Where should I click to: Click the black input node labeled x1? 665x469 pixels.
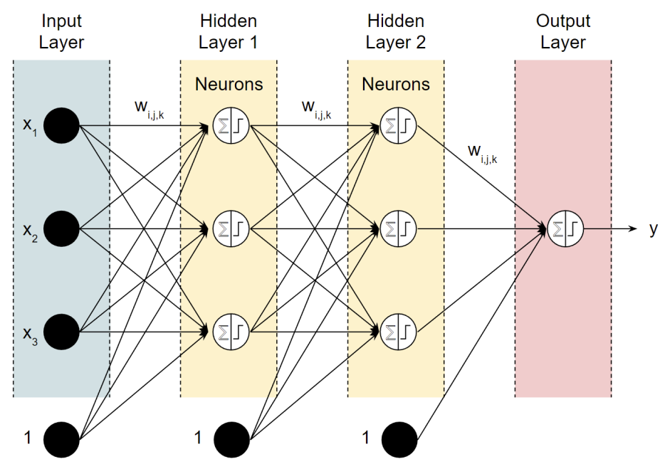61,125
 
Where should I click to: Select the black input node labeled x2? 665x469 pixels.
61,228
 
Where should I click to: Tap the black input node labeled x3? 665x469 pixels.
61,332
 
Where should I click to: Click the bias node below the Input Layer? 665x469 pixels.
61,440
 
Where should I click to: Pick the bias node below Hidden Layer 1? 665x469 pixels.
231,440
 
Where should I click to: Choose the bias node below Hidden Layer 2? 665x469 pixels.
399,440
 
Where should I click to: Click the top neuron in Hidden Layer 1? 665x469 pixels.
231,125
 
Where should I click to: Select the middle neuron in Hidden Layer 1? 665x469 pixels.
231,228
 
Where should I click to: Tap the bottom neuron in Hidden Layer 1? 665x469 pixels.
231,332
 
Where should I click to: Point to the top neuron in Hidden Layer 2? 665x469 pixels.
398,125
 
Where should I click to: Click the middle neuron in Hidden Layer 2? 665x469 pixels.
398,228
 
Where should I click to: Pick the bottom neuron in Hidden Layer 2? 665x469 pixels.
398,332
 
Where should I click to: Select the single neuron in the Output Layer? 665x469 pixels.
565,228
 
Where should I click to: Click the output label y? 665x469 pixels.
653,229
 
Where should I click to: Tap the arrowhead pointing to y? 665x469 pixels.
632,228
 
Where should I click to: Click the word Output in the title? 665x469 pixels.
562,21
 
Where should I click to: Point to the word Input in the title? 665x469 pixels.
61,21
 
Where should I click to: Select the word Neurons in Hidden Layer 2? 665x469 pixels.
396,84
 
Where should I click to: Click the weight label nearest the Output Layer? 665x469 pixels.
482,154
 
